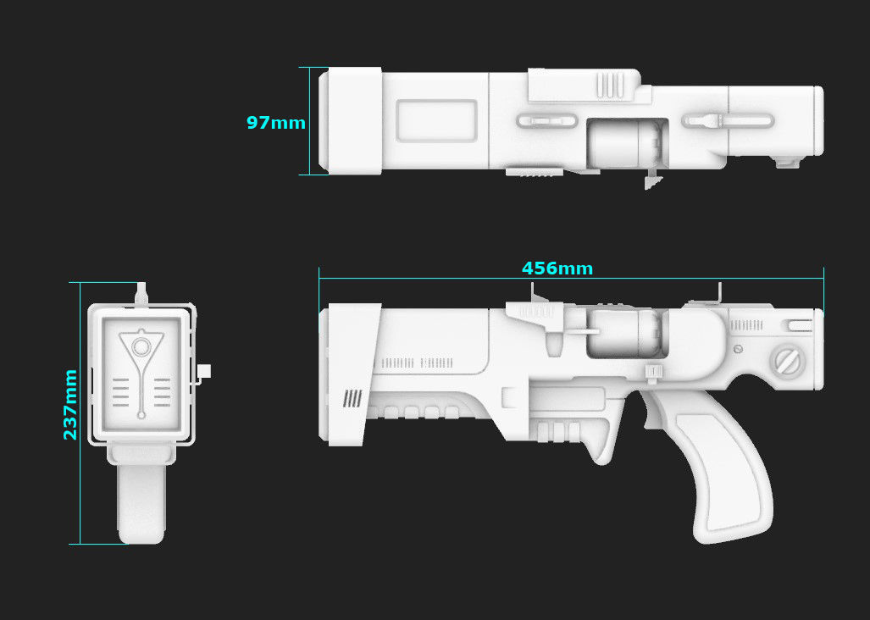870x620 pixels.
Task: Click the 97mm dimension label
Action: [x=275, y=123]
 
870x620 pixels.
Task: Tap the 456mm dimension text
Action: [x=557, y=268]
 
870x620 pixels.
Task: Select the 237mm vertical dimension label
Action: [x=70, y=404]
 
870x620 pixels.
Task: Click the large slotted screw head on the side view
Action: [x=788, y=363]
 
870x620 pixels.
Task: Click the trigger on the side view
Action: [x=653, y=411]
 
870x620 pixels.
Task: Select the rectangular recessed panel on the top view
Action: [x=436, y=121]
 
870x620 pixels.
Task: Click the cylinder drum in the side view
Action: [x=627, y=331]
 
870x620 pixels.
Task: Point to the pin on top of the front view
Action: [x=141, y=292]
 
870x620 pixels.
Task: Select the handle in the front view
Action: [x=141, y=500]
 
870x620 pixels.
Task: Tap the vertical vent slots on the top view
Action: [x=610, y=84]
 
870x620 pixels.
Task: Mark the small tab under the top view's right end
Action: [x=789, y=162]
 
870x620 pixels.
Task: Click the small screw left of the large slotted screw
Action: [x=739, y=349]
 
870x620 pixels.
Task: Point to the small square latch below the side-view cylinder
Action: [x=653, y=371]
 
